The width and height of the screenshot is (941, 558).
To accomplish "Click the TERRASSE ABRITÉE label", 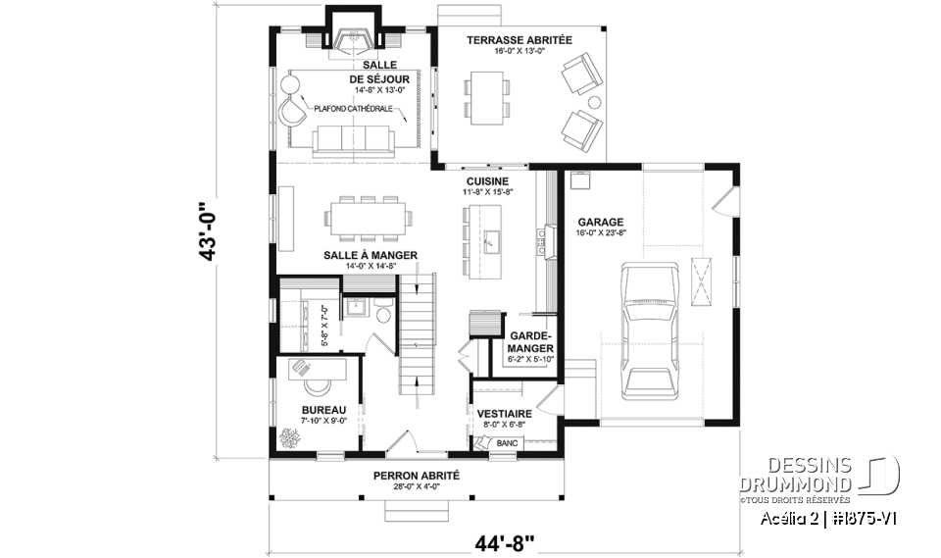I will pyautogui.click(x=520, y=40).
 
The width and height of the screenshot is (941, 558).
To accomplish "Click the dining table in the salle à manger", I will pyautogui.click(x=369, y=218).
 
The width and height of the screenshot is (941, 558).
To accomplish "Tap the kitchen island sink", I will pyautogui.click(x=491, y=238).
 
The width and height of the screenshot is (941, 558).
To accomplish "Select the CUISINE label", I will pyautogui.click(x=486, y=181).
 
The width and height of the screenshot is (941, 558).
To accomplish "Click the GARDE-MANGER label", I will pyautogui.click(x=531, y=341).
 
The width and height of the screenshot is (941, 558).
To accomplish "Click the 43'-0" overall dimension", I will pyautogui.click(x=207, y=232).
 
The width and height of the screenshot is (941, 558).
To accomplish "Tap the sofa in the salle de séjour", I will pyautogui.click(x=351, y=139).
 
